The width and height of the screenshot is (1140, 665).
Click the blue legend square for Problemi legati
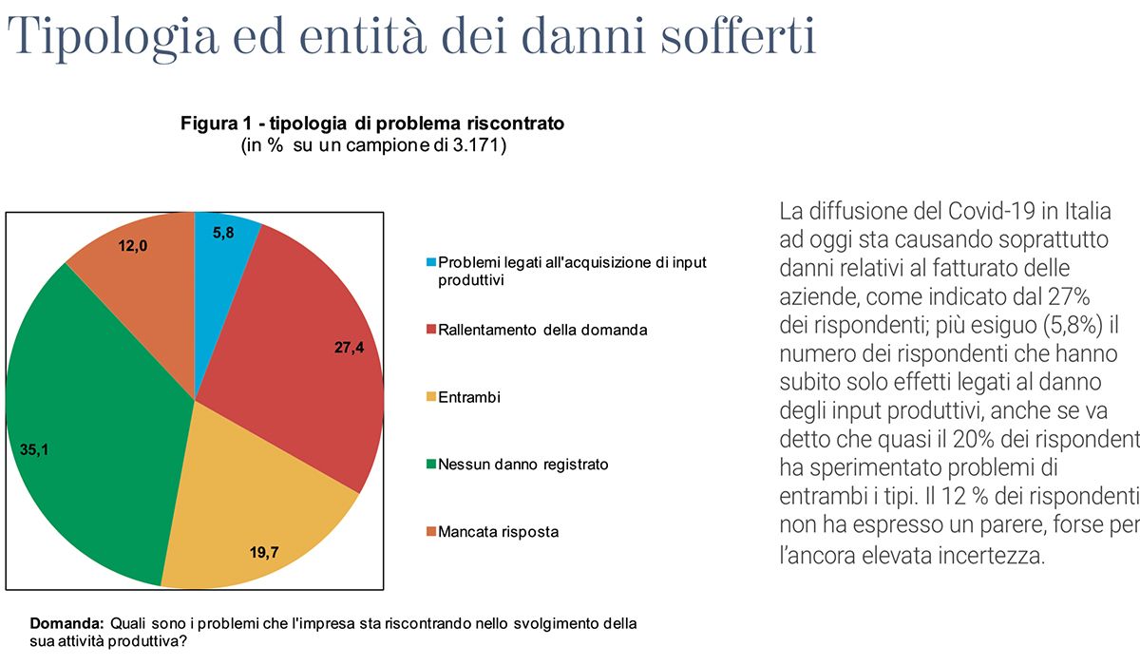[431, 262]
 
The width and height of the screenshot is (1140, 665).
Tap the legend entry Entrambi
[468, 397]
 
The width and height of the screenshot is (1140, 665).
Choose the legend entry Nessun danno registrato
[522, 465]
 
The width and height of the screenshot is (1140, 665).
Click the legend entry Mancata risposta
[498, 532]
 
